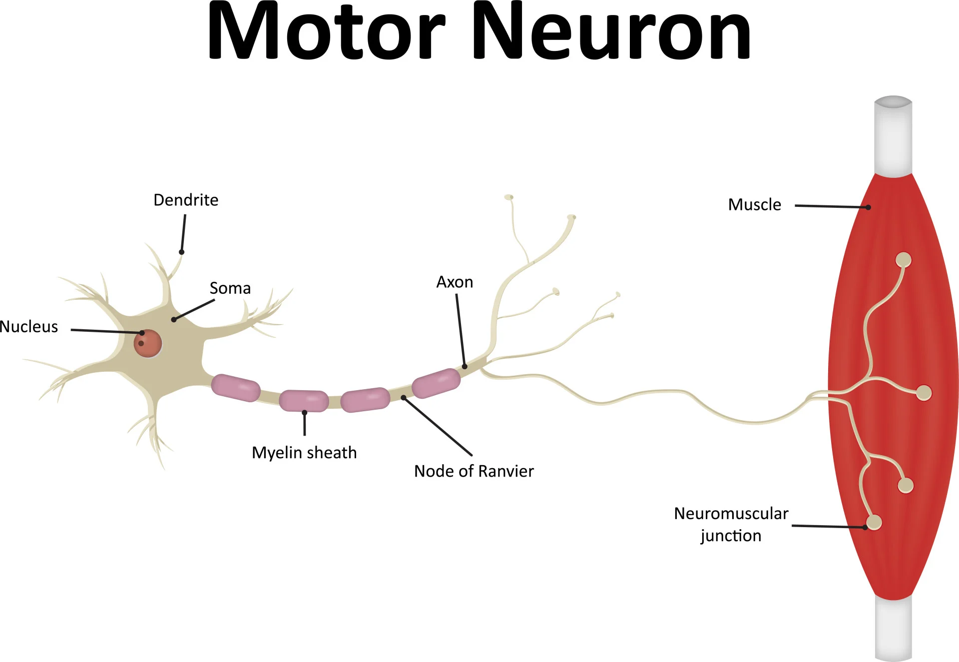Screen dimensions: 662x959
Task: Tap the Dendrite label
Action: pyautogui.click(x=186, y=200)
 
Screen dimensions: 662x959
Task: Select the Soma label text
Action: pyautogui.click(x=230, y=288)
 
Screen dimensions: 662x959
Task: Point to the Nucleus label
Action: pyautogui.click(x=29, y=327)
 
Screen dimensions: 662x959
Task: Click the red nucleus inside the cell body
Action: pyautogui.click(x=147, y=344)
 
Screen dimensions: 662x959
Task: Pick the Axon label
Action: pyautogui.click(x=455, y=282)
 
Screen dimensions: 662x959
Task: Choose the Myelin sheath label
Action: pyautogui.click(x=304, y=453)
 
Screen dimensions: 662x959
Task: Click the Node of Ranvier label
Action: pyautogui.click(x=474, y=471)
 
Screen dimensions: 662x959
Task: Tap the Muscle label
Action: pyautogui.click(x=754, y=205)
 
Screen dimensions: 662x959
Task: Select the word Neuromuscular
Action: pyautogui.click(x=731, y=514)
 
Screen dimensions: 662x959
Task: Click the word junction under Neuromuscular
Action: pyautogui.click(x=731, y=536)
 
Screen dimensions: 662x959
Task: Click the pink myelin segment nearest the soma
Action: pyautogui.click(x=235, y=388)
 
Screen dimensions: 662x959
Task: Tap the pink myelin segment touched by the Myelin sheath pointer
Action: pyautogui.click(x=304, y=401)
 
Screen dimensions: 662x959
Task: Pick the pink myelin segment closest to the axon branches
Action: pyautogui.click(x=436, y=383)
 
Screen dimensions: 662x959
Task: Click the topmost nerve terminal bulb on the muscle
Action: pyautogui.click(x=903, y=260)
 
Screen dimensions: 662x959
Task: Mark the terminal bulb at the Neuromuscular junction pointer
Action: pyautogui.click(x=874, y=523)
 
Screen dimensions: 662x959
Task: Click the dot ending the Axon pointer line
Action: pyautogui.click(x=465, y=367)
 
